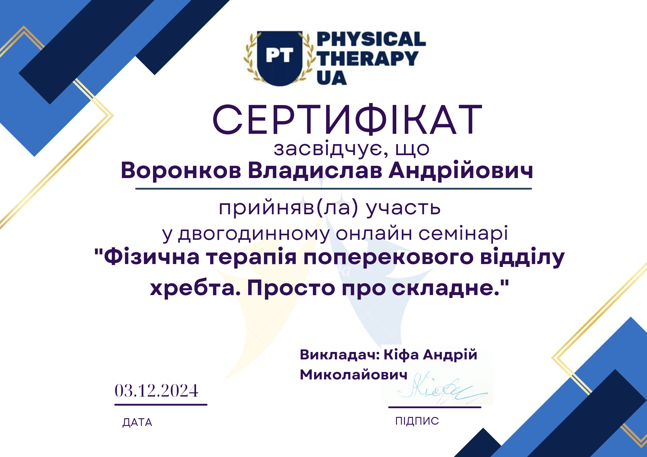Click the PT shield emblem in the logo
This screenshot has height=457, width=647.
click(280, 58)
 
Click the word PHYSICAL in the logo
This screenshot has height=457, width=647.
click(371, 39)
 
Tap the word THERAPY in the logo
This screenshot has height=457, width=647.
click(367, 58)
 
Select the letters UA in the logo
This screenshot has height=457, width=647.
click(332, 78)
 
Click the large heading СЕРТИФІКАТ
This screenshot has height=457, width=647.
click(347, 119)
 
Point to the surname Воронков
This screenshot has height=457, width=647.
click(181, 170)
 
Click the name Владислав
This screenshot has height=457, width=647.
click(315, 170)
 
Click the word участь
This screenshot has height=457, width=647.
click(403, 208)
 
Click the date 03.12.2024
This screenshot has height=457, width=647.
click(156, 390)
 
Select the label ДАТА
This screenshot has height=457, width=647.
click(137, 422)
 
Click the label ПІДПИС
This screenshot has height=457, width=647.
click(417, 421)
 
